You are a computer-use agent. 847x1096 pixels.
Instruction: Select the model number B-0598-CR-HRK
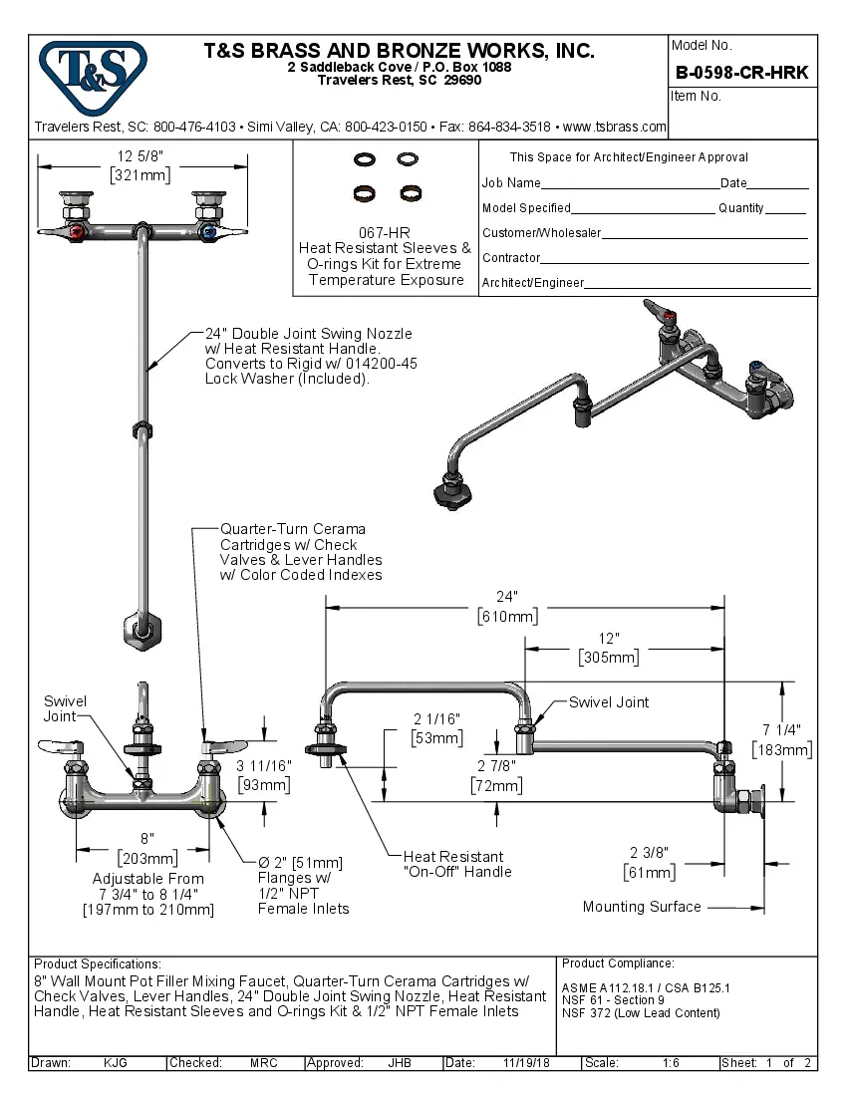[x=741, y=72]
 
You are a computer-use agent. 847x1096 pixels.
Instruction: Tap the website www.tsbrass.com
[x=615, y=128]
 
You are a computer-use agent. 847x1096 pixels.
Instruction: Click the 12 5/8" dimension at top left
[x=140, y=156]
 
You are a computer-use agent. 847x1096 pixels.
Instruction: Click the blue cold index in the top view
[x=207, y=232]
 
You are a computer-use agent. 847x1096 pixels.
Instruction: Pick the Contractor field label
[x=511, y=258]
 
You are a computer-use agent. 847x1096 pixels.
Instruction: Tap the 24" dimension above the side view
[x=507, y=597]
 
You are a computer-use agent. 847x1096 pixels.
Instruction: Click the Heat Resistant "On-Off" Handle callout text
[x=457, y=864]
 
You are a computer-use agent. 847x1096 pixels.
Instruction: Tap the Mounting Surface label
[x=642, y=907]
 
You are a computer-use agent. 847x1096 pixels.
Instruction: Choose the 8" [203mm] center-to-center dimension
[x=146, y=848]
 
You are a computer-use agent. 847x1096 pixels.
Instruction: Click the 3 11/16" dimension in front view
[x=265, y=774]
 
